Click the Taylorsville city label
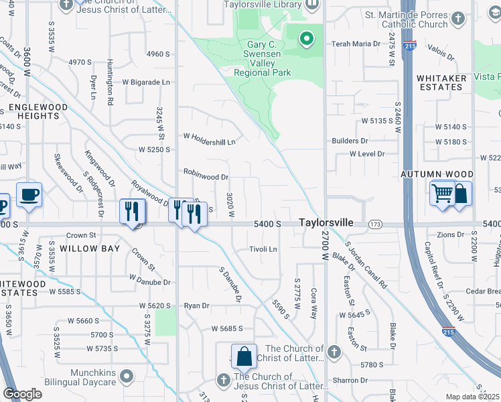pos(326,222)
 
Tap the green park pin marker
pos(307,39)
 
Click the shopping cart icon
pos(442,194)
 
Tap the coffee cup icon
pos(29,195)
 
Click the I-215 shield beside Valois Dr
pos(410,46)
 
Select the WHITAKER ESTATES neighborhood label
pos(442,82)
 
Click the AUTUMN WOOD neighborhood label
pos(432,174)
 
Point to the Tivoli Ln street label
pos(263,249)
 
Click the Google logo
pos(23,393)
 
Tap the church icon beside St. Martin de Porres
pos(458,18)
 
